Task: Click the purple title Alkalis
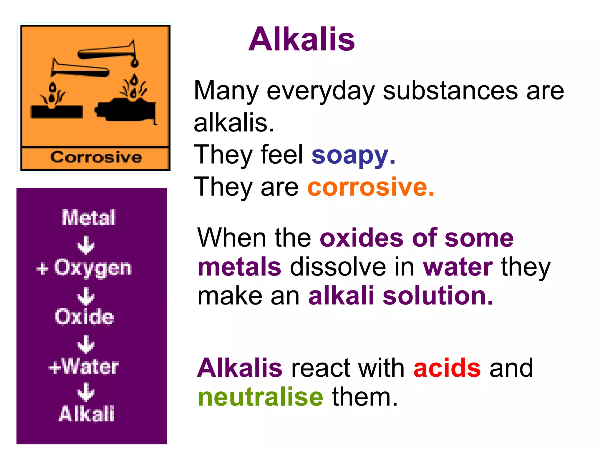pyautogui.click(x=301, y=39)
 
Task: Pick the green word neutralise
pyautogui.click(x=261, y=397)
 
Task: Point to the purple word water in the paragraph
pyautogui.click(x=458, y=267)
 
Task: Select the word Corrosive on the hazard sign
pyautogui.click(x=96, y=157)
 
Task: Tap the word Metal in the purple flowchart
pyautogui.click(x=88, y=218)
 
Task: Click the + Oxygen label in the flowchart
pyautogui.click(x=84, y=268)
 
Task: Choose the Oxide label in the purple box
pyautogui.click(x=85, y=317)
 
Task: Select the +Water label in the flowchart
pyautogui.click(x=84, y=367)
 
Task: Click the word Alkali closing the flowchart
pyautogui.click(x=87, y=414)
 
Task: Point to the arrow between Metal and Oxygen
pyautogui.click(x=86, y=245)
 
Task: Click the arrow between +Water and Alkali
pyautogui.click(x=86, y=392)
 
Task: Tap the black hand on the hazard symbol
pyautogui.click(x=127, y=110)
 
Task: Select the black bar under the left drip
pyautogui.click(x=57, y=112)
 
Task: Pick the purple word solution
pyautogui.click(x=438, y=296)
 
